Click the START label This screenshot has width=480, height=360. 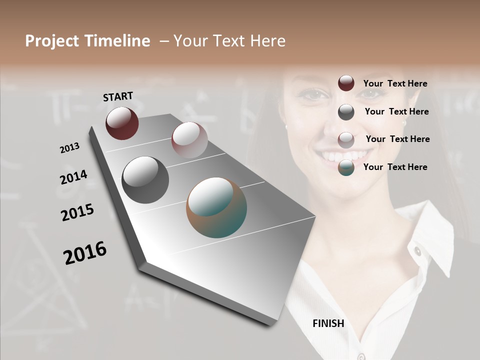(x=118, y=96)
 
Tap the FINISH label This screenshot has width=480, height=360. (x=328, y=323)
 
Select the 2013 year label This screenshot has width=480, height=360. (x=70, y=148)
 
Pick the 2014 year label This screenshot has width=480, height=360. (x=74, y=177)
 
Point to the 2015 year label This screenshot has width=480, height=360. (x=77, y=212)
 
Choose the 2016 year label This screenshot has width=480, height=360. (x=85, y=253)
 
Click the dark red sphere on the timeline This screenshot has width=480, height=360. (x=122, y=123)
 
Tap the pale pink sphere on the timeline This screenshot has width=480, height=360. (x=189, y=139)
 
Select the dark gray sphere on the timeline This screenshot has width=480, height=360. (x=145, y=179)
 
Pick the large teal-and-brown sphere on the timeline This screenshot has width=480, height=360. (x=216, y=207)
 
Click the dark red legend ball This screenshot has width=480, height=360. (x=346, y=83)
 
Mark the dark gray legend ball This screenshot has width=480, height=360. (x=346, y=112)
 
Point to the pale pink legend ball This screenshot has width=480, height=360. (x=346, y=139)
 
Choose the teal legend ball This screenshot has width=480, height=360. (x=346, y=167)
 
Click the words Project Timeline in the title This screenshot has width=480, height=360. (x=87, y=41)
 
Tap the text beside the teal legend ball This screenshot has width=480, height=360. (x=395, y=167)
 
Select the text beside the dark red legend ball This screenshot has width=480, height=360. (x=395, y=83)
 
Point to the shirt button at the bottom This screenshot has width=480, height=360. (x=361, y=356)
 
